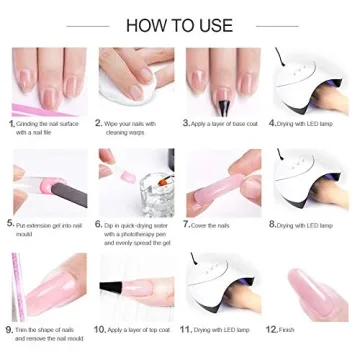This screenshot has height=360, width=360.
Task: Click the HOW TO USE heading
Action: coord(180,23)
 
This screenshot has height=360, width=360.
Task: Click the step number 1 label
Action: coord(11,123)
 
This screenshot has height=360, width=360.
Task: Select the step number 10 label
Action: coord(99,328)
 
